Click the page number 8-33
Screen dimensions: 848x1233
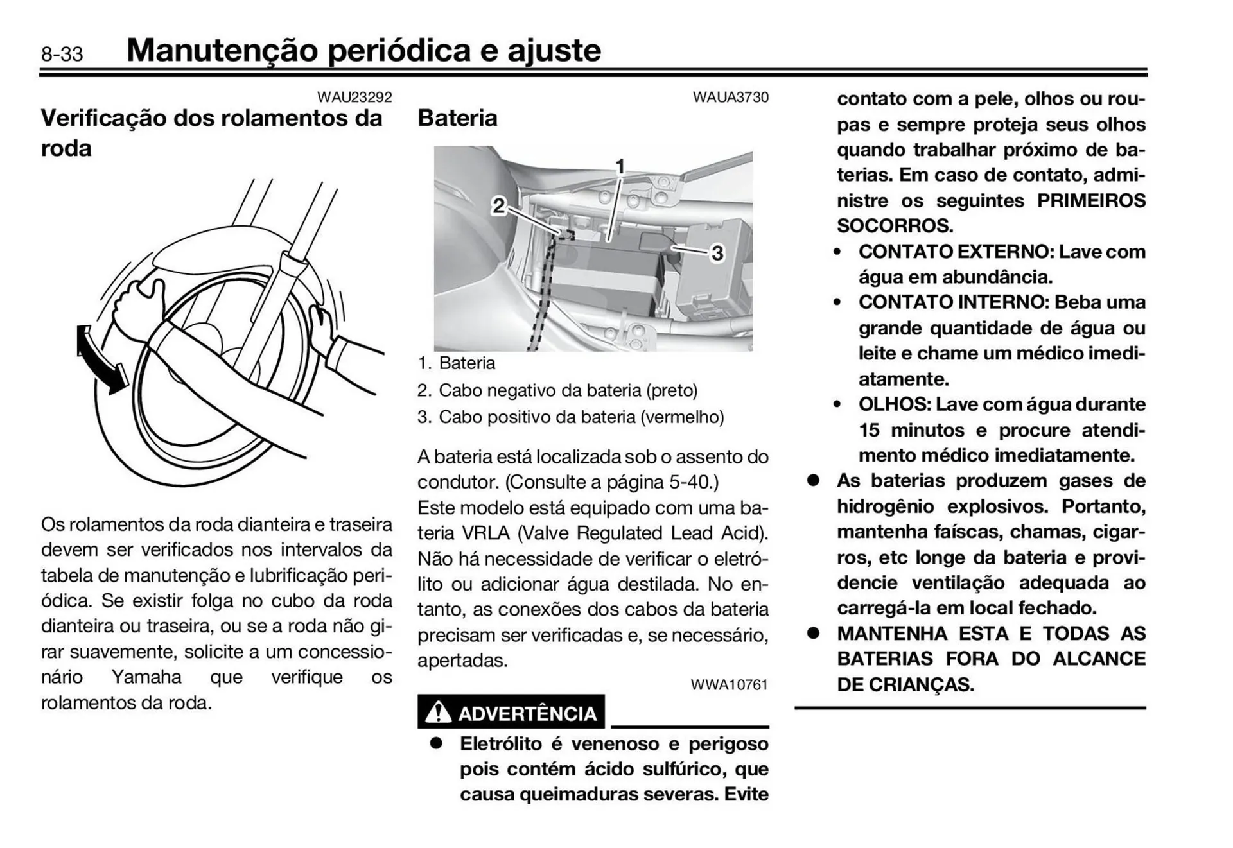[x=62, y=54]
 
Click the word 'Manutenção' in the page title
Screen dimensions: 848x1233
[x=222, y=51]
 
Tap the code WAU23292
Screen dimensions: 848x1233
[x=354, y=98]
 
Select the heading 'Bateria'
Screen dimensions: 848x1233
[x=457, y=118]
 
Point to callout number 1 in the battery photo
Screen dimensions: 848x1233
[x=620, y=167]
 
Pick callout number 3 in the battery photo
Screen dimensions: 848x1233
[x=717, y=254]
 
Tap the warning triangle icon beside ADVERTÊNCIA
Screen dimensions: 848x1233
[x=438, y=713]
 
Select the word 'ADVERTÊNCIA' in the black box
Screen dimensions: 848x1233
[x=527, y=714]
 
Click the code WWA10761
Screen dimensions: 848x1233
[x=729, y=685]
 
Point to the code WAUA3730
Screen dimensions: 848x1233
[x=730, y=98]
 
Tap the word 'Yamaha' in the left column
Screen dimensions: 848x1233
[x=146, y=677]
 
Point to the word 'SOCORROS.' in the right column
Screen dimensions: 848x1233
[x=895, y=226]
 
